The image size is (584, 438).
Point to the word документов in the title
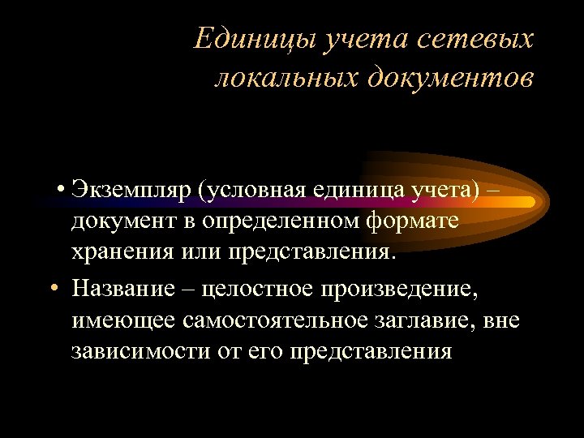point(450,78)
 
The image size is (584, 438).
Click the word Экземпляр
point(131,189)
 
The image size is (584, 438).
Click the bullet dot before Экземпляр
point(61,191)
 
